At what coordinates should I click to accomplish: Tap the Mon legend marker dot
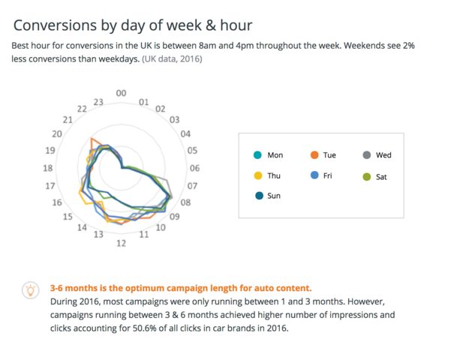coord(257,155)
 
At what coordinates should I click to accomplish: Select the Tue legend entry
coord(323,155)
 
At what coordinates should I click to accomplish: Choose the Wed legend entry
coord(377,155)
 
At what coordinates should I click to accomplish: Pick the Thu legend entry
coord(268,176)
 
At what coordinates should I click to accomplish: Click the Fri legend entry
coord(323,176)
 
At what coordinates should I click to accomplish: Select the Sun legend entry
coord(268,196)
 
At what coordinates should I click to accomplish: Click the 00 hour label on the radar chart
coord(122,93)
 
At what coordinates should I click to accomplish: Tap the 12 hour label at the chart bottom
coord(121,243)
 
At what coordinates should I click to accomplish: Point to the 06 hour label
coord(195,168)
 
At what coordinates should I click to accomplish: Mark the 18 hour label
coord(48,168)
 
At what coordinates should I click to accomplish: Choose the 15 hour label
coord(67,217)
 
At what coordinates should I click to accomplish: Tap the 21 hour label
coord(68,120)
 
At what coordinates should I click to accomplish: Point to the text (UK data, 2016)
coord(172,58)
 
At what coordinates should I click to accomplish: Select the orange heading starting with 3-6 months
coord(180,288)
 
